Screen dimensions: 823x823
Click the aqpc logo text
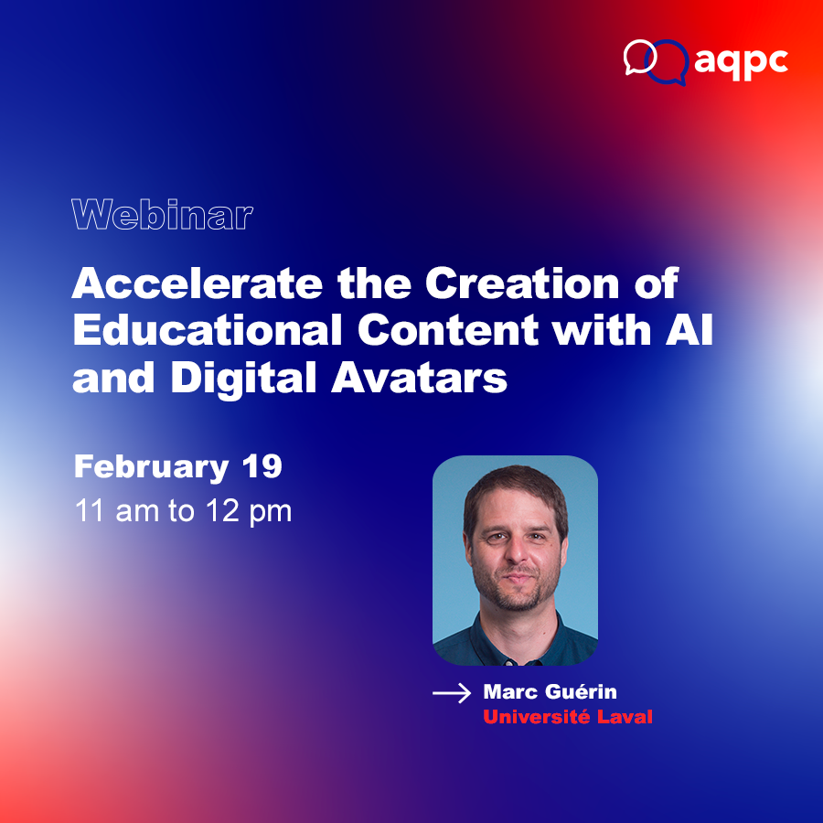[x=741, y=61]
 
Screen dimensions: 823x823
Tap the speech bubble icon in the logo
[x=656, y=59]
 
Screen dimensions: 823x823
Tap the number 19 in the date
[x=262, y=467]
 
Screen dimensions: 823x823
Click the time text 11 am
[x=115, y=511]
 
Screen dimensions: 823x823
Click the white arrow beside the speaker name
[x=452, y=694]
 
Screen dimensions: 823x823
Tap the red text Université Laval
[x=568, y=717]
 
